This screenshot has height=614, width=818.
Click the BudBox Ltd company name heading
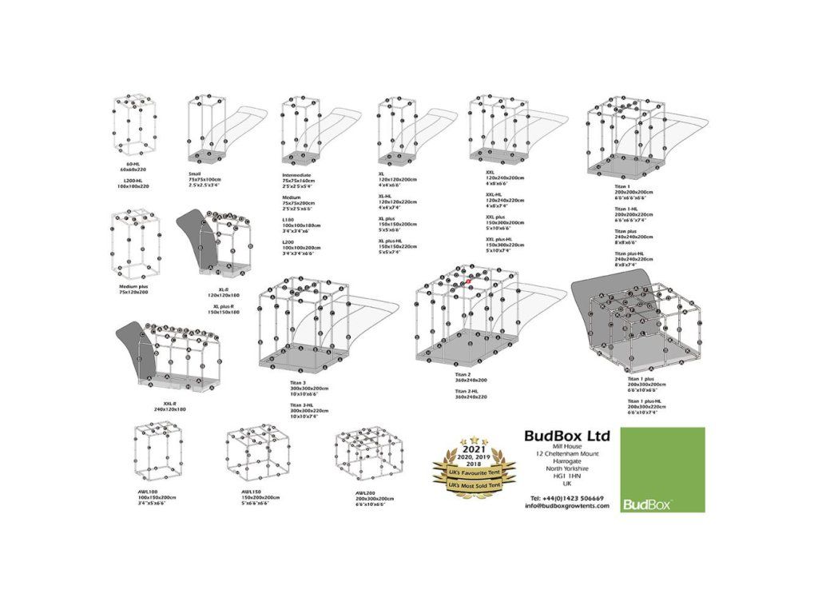pyautogui.click(x=567, y=436)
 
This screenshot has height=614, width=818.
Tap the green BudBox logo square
pyautogui.click(x=662, y=472)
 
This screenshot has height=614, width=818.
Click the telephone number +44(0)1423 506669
pyautogui.click(x=567, y=497)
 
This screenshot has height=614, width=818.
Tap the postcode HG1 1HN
pyautogui.click(x=567, y=476)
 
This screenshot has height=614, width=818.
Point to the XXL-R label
pyautogui.click(x=169, y=404)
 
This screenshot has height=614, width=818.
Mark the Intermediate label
pyautogui.click(x=296, y=174)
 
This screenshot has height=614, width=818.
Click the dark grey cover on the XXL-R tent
pyautogui.click(x=136, y=346)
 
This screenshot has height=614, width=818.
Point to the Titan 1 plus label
pyautogui.click(x=645, y=383)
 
